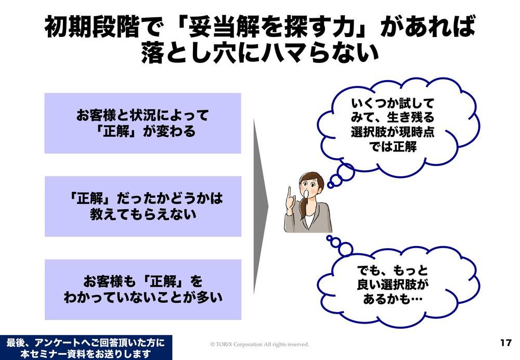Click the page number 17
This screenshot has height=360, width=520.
pos(506,342)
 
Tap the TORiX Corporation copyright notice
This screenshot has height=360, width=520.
pos(259,344)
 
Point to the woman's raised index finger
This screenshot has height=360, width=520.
pos(289,195)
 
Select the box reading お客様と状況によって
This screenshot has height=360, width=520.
pos(142,123)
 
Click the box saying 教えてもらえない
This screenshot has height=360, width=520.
pos(143,207)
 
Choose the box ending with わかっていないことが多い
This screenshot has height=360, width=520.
pos(143,290)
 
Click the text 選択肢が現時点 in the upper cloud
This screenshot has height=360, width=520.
pos(393,132)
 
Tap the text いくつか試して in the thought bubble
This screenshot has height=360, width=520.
pos(393,104)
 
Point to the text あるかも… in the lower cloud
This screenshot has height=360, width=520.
pos(393,299)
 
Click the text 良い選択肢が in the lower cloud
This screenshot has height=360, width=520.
pos(393,285)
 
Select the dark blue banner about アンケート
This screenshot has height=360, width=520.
pos(86,348)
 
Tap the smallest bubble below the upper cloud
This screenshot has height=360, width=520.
pos(331,185)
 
